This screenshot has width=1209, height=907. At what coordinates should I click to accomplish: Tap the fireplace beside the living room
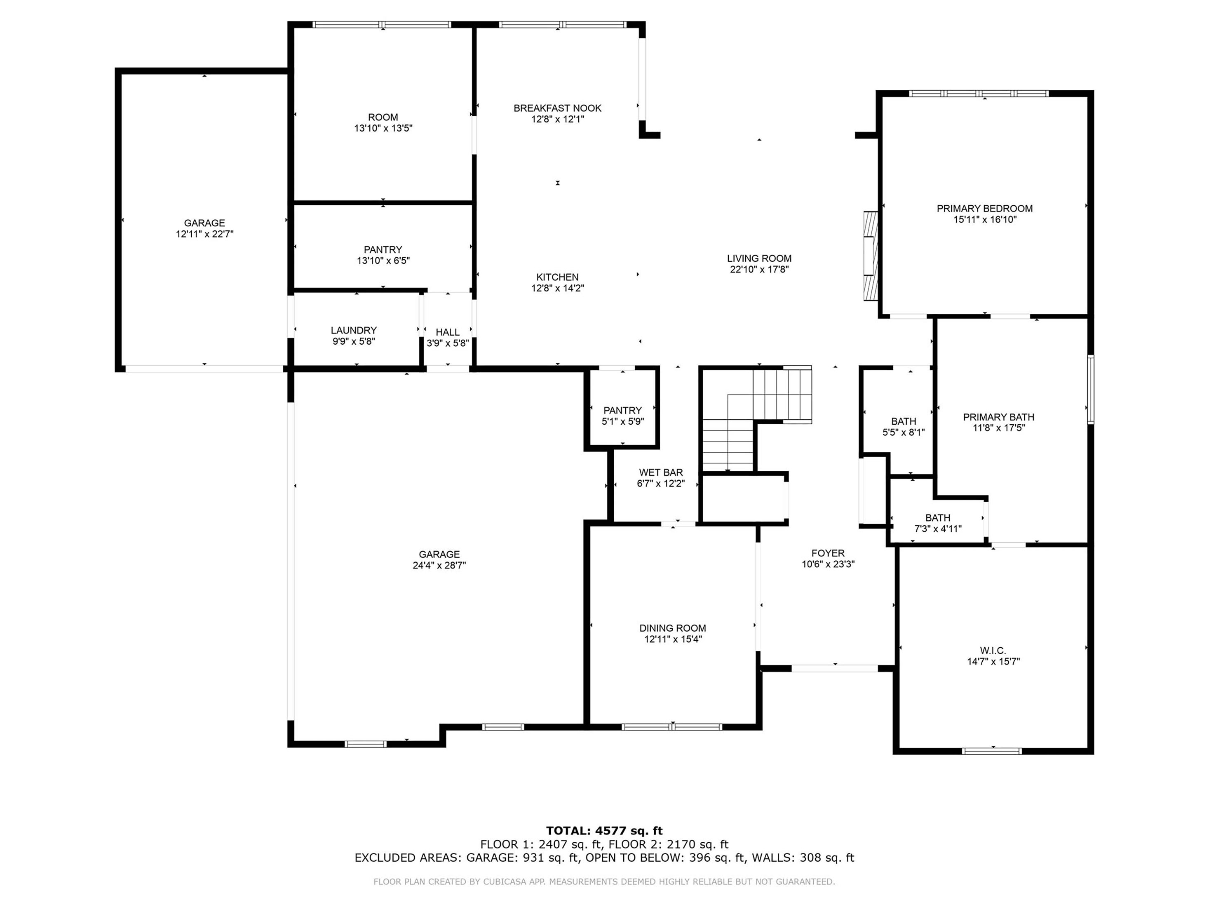click(x=870, y=255)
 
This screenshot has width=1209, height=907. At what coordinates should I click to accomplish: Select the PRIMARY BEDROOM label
click(x=984, y=208)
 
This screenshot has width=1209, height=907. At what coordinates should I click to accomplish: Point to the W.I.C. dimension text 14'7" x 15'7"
click(x=993, y=662)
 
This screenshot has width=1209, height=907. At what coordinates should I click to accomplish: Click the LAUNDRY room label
click(x=354, y=330)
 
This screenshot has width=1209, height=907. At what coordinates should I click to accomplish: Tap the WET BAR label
click(x=661, y=472)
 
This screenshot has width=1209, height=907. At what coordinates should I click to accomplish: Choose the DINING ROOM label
click(x=672, y=628)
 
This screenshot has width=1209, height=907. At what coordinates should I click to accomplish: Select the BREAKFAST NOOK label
click(x=557, y=108)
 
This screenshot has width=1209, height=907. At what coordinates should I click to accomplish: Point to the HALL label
click(x=447, y=332)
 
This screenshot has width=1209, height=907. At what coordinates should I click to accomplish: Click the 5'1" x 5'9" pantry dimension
click(x=622, y=421)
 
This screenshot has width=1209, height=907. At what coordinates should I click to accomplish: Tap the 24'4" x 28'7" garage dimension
click(x=439, y=565)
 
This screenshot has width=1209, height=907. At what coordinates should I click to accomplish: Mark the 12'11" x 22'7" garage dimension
click(x=204, y=234)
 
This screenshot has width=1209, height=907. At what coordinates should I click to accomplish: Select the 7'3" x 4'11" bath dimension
click(x=937, y=529)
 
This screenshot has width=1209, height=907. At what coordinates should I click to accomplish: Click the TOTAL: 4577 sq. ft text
click(x=604, y=831)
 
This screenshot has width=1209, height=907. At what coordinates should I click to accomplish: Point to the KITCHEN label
click(x=557, y=277)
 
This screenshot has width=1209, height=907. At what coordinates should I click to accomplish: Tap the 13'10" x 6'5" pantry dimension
click(x=383, y=261)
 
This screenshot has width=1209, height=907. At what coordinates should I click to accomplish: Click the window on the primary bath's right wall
click(x=1090, y=389)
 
